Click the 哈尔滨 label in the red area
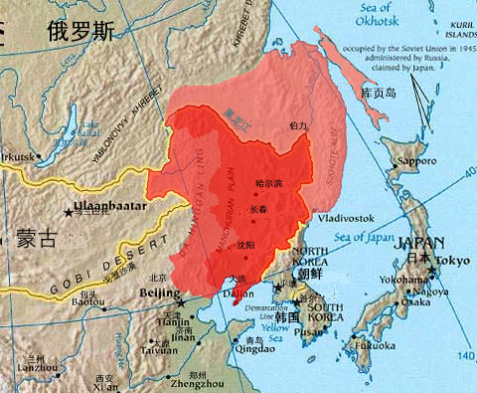[x=269, y=183]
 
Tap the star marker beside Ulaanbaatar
[x=69, y=212]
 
